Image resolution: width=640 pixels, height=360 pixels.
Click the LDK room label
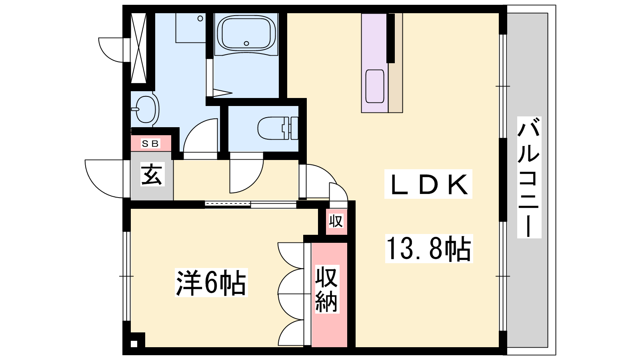coord(428,184)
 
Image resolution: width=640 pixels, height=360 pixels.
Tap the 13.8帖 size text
coord(429,248)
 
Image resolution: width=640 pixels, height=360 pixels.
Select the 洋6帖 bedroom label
coord(211,282)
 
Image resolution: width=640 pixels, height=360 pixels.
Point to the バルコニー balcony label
coord(529,177)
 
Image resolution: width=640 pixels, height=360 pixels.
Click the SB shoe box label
coord(150,144)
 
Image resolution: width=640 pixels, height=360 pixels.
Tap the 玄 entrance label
coord(152,174)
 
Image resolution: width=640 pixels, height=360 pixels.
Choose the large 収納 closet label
coord(327,289)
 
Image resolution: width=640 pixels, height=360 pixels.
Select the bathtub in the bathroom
coord(246,35)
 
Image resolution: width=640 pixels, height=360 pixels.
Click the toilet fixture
coord(278,128)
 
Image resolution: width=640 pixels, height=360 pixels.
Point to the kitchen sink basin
coord(374,86)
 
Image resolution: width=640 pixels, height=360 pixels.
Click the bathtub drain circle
coord(246,44)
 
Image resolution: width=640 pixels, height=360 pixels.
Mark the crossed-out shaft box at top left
coord(138,48)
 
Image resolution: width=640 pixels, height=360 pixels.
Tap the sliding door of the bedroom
coord(250,204)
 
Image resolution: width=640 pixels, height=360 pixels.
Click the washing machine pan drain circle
coord(200,18)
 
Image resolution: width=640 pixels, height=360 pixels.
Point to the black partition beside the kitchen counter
coord(390,38)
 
